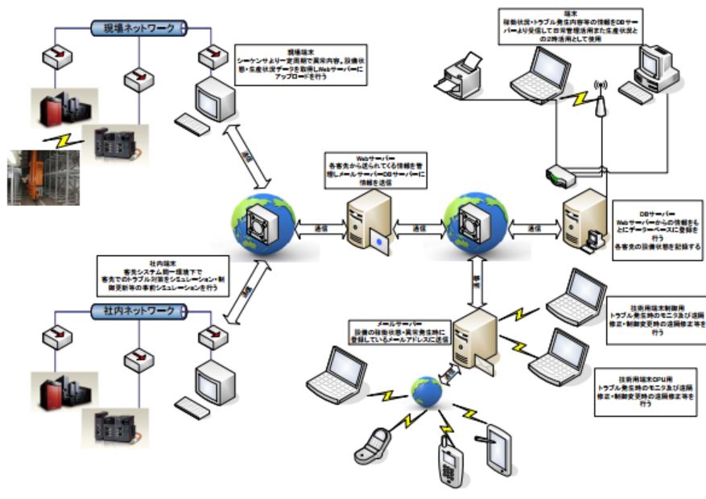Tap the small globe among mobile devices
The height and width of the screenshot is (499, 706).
pyautogui.click(x=426, y=391)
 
